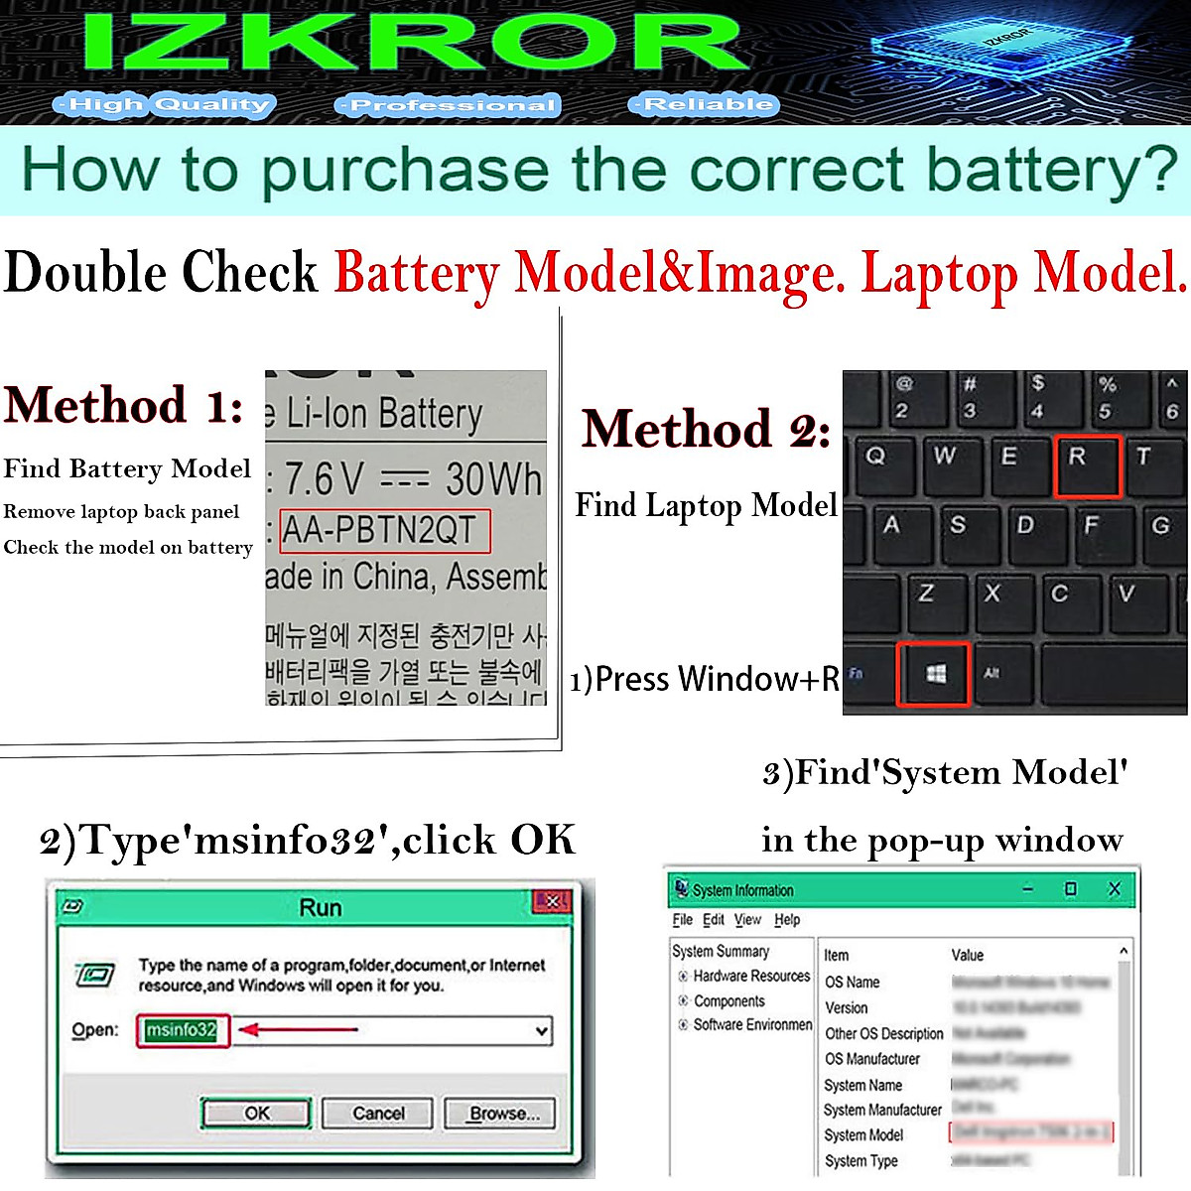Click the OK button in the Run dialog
pos(256,1114)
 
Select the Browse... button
pos(499,1114)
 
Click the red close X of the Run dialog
pos(552,901)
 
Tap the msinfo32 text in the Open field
pos(182,1030)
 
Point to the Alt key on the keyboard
pos(992,674)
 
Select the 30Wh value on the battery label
pos(493,479)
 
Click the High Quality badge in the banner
pos(163,104)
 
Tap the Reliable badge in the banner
pos(704,104)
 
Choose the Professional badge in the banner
pos(449,105)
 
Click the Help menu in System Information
pos(787,920)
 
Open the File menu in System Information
pos(682,920)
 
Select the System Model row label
pos(863,1135)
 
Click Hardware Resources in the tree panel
pos(751,976)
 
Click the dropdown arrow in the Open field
pos(542,1031)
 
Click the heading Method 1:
pos(124,405)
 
